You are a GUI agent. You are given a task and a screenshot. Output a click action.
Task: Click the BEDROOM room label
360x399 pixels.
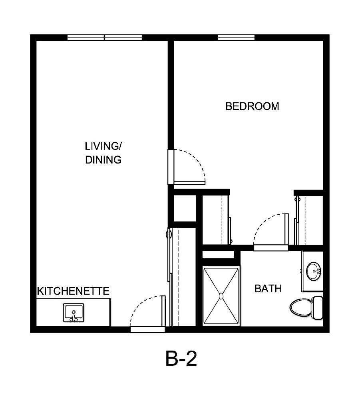[x=252, y=106]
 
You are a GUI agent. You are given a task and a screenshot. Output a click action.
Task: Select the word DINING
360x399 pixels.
[x=103, y=160]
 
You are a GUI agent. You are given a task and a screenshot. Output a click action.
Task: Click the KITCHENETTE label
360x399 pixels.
[x=73, y=291]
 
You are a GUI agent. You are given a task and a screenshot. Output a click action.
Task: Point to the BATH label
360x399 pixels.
[x=268, y=288]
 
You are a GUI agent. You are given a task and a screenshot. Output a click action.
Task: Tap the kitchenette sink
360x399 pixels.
[x=74, y=312]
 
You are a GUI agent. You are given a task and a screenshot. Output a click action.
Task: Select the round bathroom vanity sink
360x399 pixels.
[x=314, y=271]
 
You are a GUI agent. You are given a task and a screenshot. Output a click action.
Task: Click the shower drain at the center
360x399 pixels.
[x=221, y=296]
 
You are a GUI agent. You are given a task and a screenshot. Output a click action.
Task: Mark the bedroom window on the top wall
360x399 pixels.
[x=236, y=38]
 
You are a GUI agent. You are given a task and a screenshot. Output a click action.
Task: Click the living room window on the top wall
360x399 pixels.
[x=105, y=38]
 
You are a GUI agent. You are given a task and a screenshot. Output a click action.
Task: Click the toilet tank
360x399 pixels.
[x=318, y=307]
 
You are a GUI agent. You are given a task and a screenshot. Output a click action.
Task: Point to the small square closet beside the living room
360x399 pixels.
[x=184, y=207]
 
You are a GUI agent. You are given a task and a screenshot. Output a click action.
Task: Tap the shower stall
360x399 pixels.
[x=221, y=296]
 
